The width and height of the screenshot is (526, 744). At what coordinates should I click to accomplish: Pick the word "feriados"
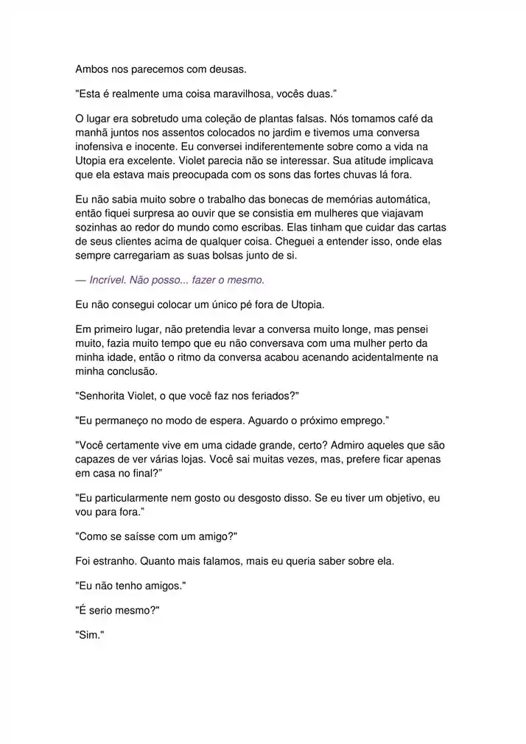(x=267, y=396)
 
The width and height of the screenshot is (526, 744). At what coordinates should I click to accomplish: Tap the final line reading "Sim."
(x=90, y=634)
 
